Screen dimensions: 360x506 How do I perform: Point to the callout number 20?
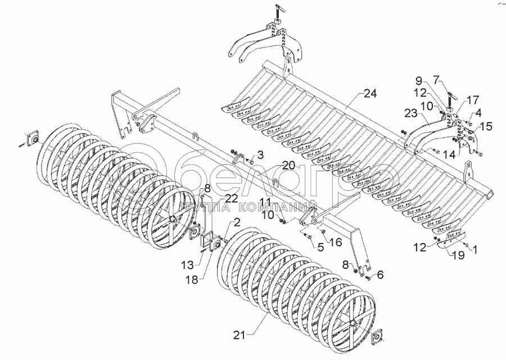pyautogui.click(x=288, y=165)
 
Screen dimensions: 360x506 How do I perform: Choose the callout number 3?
pyautogui.click(x=260, y=155)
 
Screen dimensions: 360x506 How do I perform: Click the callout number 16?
pyautogui.click(x=335, y=242)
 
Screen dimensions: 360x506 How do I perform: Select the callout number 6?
pyautogui.click(x=380, y=275)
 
